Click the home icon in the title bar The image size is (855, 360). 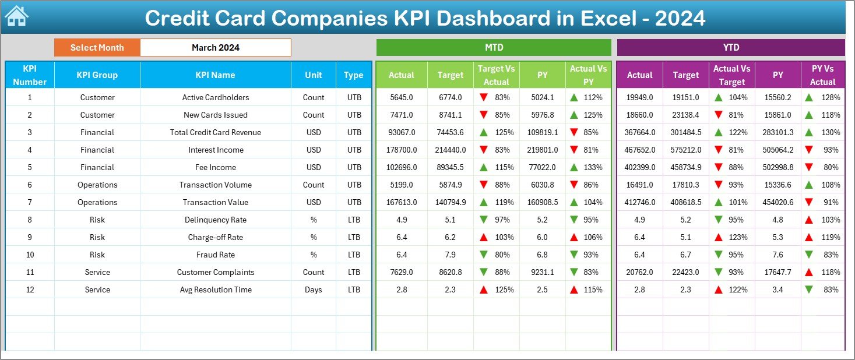click(16, 17)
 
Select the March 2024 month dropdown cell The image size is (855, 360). click(216, 48)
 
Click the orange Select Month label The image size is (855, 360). click(97, 48)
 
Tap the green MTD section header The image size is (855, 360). click(494, 47)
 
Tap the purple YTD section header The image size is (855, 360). click(730, 47)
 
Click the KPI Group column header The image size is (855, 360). click(97, 75)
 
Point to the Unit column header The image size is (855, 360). click(314, 75)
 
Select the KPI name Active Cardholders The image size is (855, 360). click(216, 97)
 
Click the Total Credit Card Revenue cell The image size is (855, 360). click(216, 132)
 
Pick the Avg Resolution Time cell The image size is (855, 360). click(216, 290)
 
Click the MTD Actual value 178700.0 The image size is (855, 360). click(402, 150)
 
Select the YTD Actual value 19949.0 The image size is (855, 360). click(639, 97)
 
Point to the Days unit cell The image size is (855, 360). click(314, 290)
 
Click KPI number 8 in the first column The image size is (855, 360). click(30, 220)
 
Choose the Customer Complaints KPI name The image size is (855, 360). click(216, 272)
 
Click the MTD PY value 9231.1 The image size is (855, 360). click(542, 272)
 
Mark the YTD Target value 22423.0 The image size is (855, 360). click(685, 272)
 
